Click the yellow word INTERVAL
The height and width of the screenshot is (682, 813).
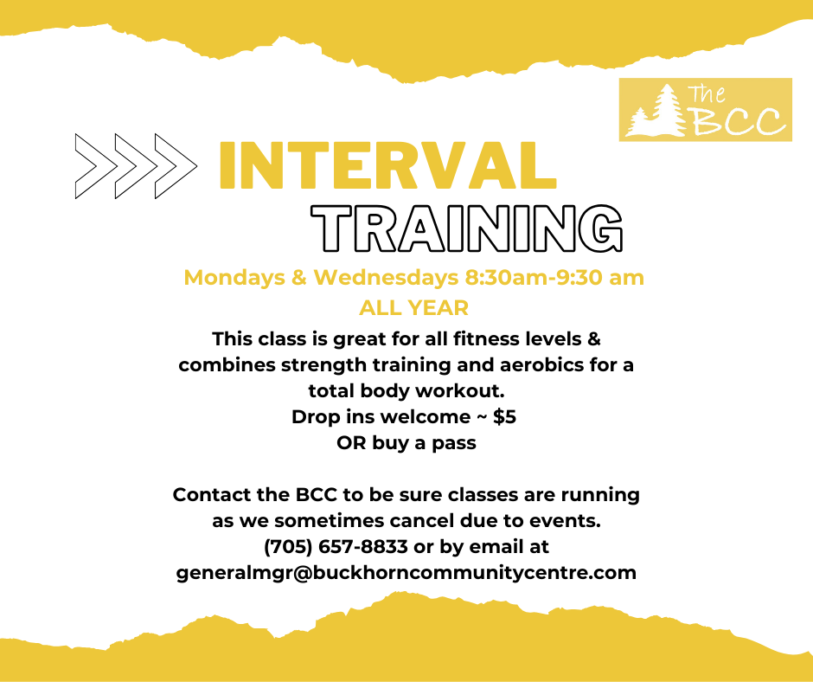[387, 165]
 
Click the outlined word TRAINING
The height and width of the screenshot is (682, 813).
[467, 228]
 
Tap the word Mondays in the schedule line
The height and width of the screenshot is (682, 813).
[234, 278]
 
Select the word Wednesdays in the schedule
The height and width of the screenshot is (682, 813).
[386, 278]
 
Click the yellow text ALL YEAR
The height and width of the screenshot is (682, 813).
[413, 308]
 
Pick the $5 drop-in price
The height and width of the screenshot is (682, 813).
[504, 417]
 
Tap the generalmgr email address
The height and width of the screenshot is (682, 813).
[406, 573]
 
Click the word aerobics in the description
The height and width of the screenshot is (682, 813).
[541, 365]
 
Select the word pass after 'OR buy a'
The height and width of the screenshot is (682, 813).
[454, 444]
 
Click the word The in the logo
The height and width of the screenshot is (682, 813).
[707, 94]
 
